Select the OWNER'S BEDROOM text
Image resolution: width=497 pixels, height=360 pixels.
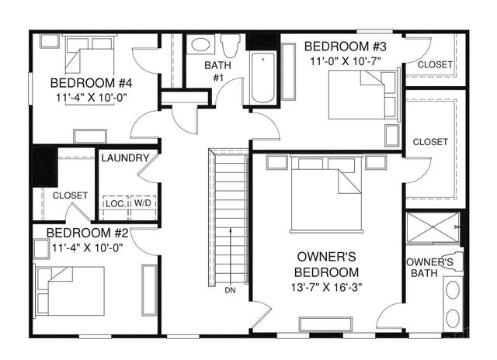point(327,265)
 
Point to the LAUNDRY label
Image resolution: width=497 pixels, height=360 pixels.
point(124,158)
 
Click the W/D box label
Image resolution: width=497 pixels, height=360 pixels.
point(143,203)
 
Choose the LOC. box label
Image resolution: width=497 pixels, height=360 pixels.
point(116,203)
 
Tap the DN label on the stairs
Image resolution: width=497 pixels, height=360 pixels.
point(230,290)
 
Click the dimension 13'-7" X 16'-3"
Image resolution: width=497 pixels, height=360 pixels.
point(327,288)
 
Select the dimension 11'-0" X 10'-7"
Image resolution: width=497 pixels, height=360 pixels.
point(346,61)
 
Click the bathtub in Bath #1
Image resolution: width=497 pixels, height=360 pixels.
point(263,78)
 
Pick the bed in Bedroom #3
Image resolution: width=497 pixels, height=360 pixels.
point(360,94)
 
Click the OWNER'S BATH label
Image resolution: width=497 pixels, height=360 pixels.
point(430,267)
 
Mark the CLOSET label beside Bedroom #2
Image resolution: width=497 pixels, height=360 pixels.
point(70,196)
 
